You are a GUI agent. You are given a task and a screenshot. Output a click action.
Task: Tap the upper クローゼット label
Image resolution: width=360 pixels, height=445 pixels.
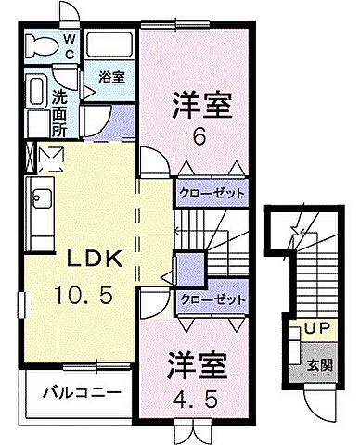[x=212, y=193]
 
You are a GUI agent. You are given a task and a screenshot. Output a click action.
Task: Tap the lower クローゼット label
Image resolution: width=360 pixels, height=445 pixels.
[x=212, y=299]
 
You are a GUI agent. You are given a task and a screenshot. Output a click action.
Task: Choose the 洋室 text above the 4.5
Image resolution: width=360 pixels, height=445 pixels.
[x=197, y=363]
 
